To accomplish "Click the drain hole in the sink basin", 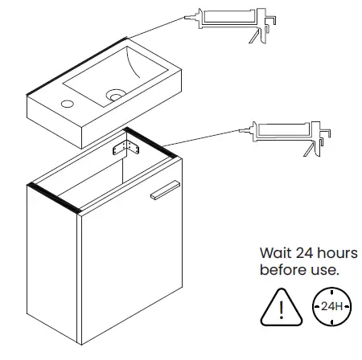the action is point(116,96).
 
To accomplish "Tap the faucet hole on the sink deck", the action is point(68,104).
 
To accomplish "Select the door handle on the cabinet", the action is point(165,190).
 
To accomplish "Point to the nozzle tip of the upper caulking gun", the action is point(185,18).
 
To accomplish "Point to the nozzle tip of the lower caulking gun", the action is point(240,130).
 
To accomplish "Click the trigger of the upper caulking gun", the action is point(253,36).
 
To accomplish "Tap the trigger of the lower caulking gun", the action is point(309,149).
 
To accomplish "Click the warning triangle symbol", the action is point(282,308).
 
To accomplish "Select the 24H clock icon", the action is point(332,306).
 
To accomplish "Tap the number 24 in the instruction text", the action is point(305,253).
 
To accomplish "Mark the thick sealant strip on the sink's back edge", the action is point(76,67).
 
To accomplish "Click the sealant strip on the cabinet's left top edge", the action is point(54,198).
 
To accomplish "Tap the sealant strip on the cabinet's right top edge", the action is point(150,143).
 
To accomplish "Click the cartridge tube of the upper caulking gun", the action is point(228,17).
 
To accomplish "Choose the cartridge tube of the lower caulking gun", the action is point(283,129).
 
